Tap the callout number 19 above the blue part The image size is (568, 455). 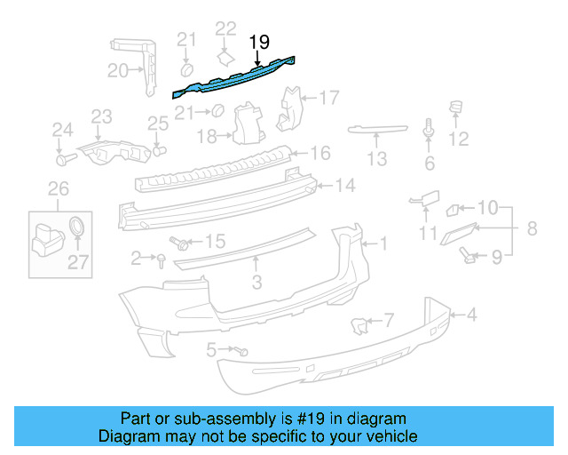(258, 42)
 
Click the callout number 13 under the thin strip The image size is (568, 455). (377, 159)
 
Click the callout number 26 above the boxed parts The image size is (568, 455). (57, 188)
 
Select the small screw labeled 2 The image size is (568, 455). (161, 259)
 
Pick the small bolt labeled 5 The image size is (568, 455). (241, 351)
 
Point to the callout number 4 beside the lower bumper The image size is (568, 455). (472, 314)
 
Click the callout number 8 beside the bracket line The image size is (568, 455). (532, 228)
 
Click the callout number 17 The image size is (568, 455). (329, 97)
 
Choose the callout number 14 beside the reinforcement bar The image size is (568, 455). (344, 186)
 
